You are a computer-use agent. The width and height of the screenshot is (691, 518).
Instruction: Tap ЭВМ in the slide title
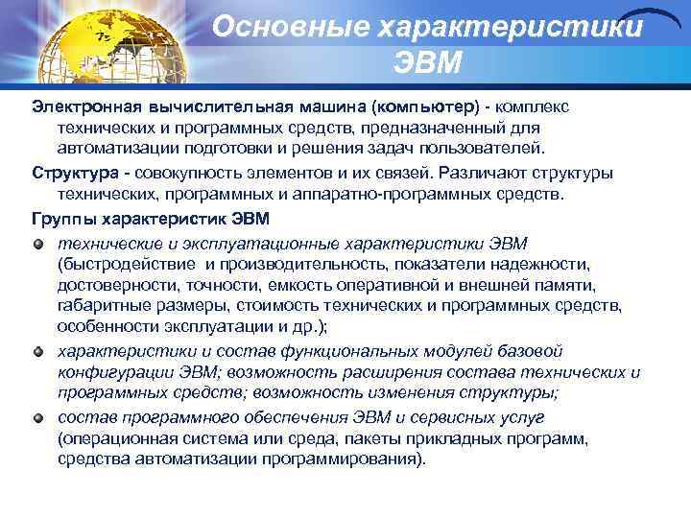click(428, 63)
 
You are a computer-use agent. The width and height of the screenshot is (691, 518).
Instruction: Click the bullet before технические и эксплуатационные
click(39, 240)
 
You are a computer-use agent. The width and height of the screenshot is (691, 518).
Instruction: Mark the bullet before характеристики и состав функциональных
click(39, 350)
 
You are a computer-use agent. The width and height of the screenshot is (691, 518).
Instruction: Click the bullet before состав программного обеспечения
click(39, 416)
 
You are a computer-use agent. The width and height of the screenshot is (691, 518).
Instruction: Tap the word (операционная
click(122, 438)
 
